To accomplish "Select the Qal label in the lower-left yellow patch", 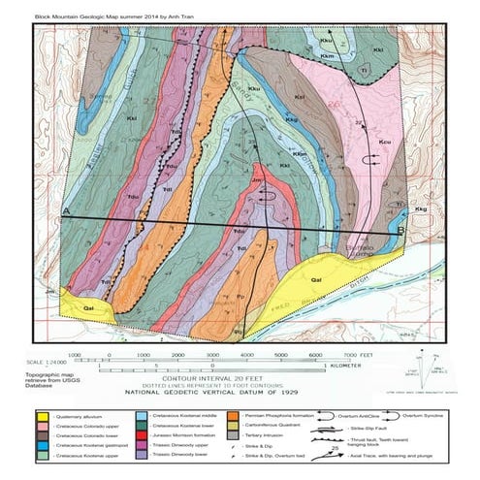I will [x=89, y=307].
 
